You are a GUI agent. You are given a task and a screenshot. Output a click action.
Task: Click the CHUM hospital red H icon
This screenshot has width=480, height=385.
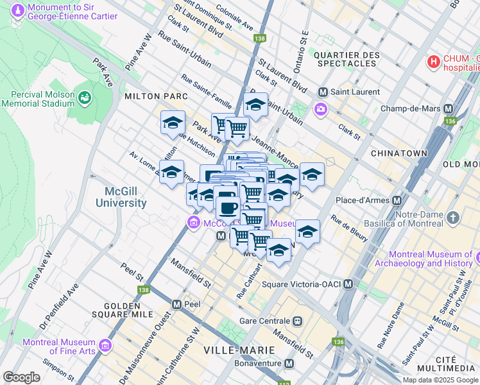[434, 62]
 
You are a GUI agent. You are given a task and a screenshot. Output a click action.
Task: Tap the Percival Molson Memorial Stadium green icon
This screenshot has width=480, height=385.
[85, 98]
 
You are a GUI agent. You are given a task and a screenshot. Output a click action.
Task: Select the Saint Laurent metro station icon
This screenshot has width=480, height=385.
[323, 92]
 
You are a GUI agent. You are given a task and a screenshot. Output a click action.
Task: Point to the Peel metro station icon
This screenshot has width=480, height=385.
[176, 303]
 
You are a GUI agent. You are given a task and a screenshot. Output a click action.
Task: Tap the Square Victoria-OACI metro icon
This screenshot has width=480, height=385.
[348, 284]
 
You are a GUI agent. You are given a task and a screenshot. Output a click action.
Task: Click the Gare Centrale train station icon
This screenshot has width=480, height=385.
[297, 320]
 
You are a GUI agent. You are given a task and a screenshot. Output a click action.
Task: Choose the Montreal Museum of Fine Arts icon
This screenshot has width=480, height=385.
[105, 346]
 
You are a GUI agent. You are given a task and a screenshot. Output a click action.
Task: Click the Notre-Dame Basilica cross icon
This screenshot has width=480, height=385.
[454, 218]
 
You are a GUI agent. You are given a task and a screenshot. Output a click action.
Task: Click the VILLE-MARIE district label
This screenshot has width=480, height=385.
[239, 350]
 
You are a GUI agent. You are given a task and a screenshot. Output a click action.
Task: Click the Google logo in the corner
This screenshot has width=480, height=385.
[21, 377]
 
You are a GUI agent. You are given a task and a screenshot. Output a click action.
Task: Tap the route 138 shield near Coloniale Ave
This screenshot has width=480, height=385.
[259, 39]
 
